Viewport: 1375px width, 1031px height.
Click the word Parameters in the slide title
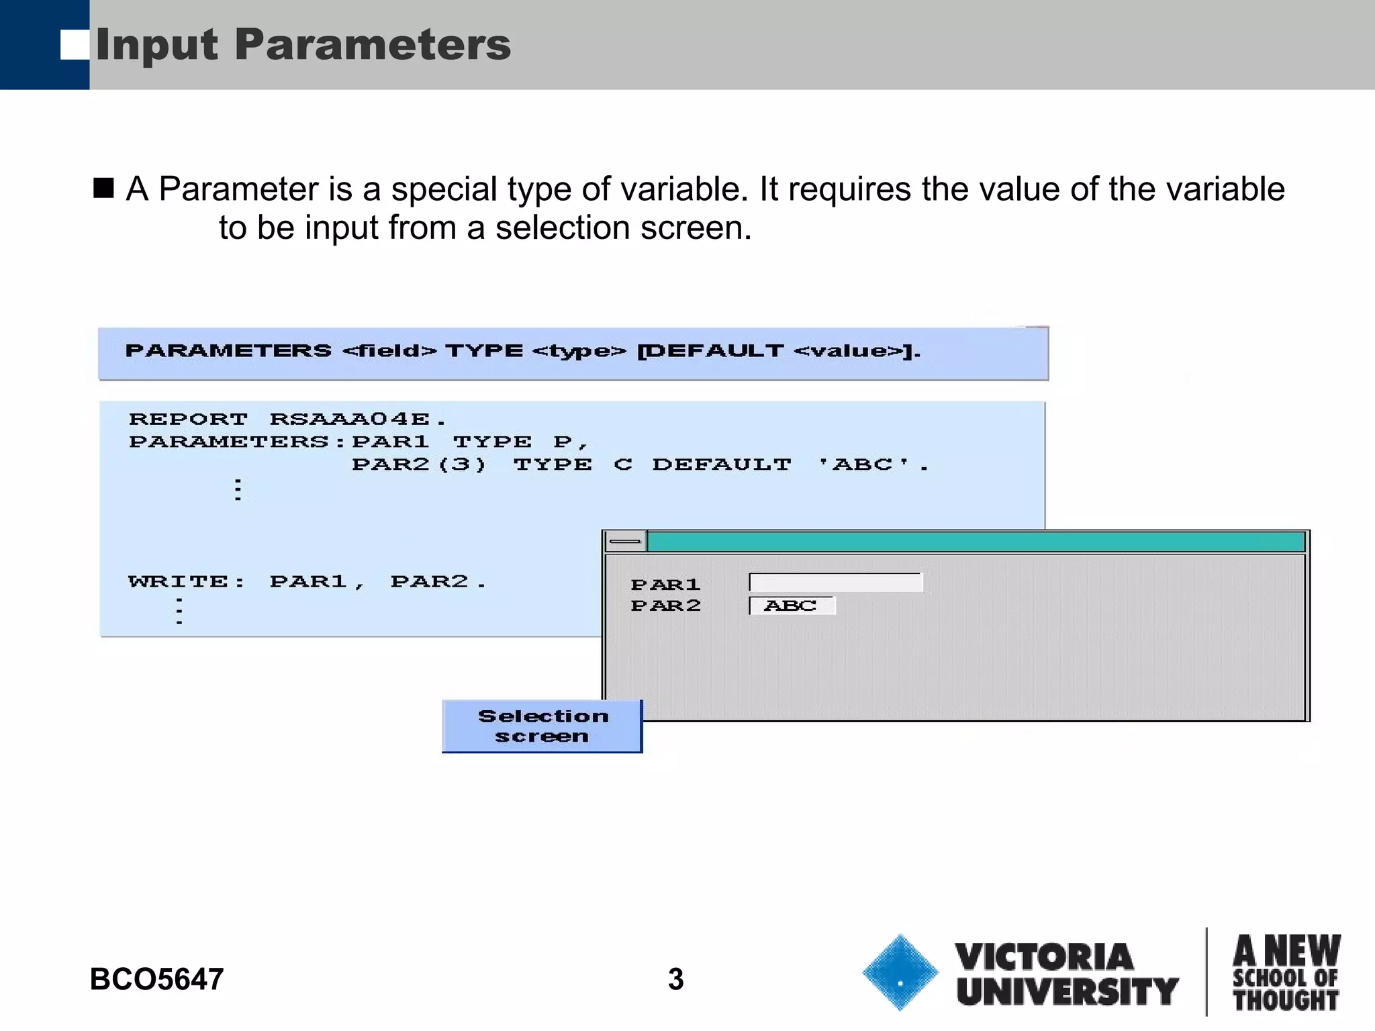tap(373, 46)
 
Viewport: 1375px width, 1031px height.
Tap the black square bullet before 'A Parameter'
tap(103, 188)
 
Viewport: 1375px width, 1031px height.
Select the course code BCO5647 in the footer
tap(156, 979)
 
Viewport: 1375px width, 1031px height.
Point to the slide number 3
tap(675, 979)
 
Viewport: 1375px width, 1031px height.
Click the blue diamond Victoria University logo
tap(900, 973)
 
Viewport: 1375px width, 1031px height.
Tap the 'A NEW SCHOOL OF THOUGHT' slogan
tap(1286, 973)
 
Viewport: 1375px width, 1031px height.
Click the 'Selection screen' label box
tap(542, 726)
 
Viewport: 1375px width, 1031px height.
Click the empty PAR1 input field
tap(836, 583)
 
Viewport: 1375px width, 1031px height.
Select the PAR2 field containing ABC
tap(792, 605)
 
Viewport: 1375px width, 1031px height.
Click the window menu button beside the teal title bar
tap(625, 541)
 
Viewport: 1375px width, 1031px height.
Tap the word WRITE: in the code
tap(187, 581)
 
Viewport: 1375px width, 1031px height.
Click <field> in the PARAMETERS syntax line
tap(389, 351)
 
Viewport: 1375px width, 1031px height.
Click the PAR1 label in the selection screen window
tap(665, 585)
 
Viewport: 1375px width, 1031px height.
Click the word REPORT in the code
tap(188, 420)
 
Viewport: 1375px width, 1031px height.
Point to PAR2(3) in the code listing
tap(419, 464)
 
